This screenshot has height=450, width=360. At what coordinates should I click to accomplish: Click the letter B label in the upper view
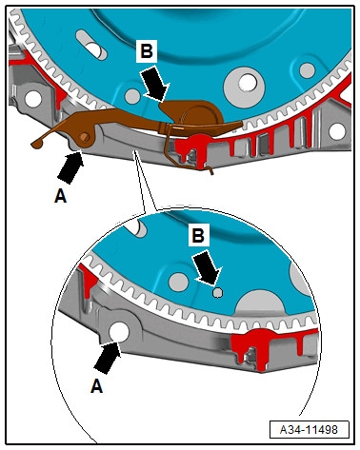coord(147,50)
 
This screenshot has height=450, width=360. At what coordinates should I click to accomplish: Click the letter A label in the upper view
coord(61,195)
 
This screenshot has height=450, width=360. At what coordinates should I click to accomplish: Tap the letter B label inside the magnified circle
coord(198,235)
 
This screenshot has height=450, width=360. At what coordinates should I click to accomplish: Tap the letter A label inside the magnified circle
coord(96,386)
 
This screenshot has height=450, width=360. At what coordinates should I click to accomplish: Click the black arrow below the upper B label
coord(155,83)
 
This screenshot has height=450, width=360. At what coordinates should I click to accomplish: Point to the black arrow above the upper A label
coord(70,166)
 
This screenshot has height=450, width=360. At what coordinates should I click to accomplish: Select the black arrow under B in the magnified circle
coord(208,267)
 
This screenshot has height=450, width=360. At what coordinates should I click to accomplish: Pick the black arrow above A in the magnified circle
coord(108,357)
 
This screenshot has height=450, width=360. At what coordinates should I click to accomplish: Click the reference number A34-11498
coord(309,429)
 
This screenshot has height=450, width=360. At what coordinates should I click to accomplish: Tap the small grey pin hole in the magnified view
coord(218,292)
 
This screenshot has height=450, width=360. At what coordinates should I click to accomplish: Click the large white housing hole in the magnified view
coord(119,332)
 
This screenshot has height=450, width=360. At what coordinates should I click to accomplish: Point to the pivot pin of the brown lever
coord(84,137)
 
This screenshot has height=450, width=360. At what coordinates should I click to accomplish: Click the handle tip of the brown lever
coord(34,145)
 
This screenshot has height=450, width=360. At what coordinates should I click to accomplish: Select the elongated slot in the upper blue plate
coord(91,45)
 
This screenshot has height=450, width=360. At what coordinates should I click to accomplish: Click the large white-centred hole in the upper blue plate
coord(248,83)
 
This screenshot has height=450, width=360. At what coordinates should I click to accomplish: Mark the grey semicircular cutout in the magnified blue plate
coord(260,302)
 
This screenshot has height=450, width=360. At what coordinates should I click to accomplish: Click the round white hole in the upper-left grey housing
coord(32,99)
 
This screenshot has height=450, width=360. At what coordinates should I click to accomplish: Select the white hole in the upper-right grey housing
coord(337,131)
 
